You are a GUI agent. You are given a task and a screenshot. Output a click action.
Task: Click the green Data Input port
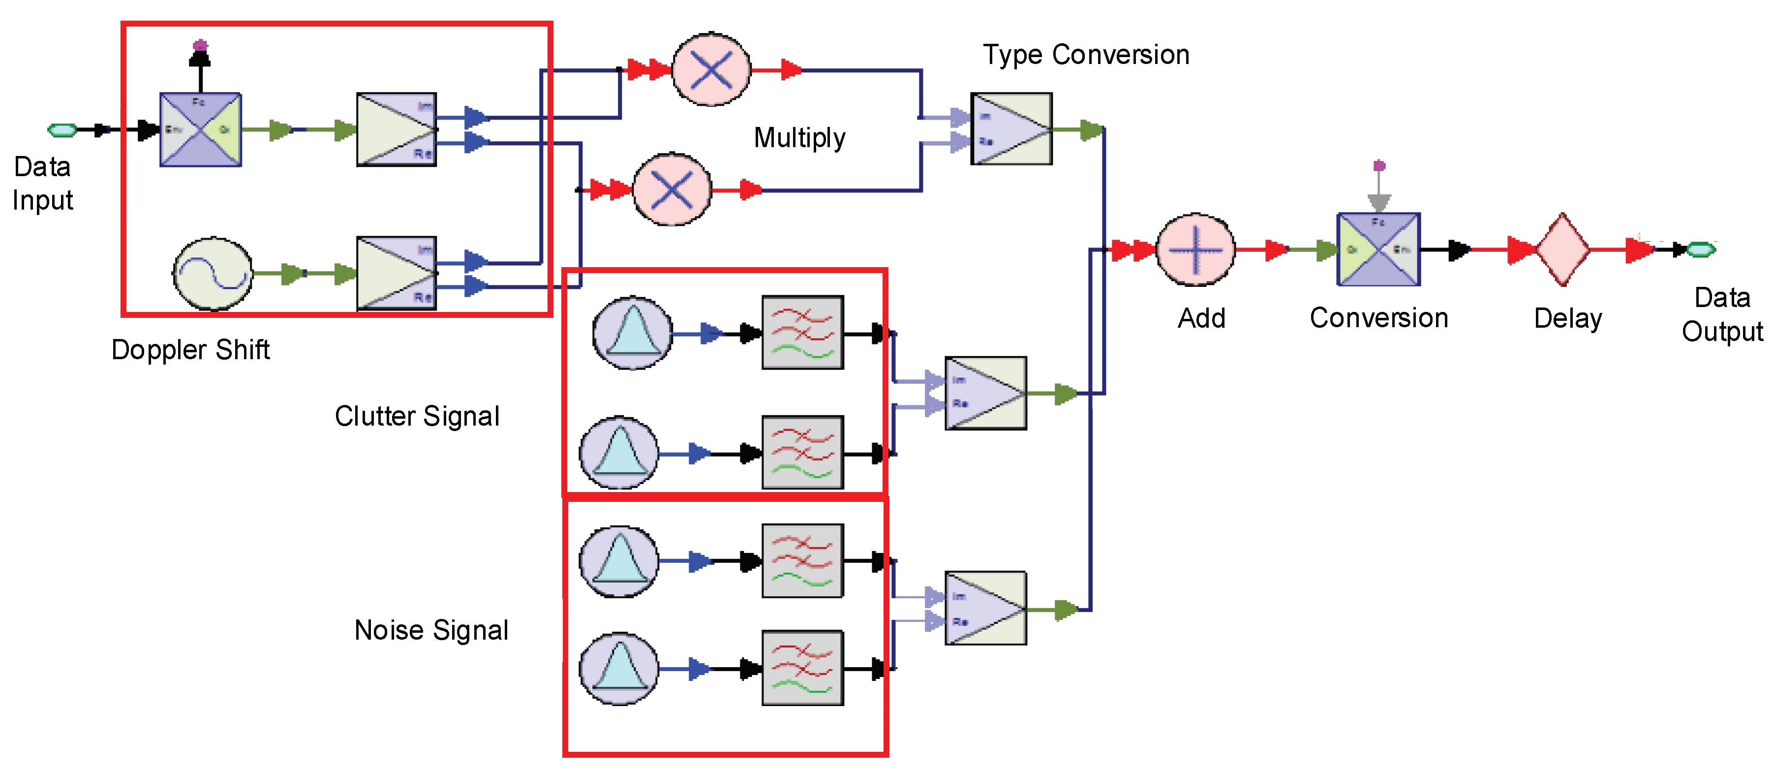tap(62, 129)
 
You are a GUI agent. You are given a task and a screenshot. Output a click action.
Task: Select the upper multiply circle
tap(711, 69)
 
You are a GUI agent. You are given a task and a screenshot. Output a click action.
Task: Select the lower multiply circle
tap(672, 189)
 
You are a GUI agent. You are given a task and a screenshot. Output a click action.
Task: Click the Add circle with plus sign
tap(1195, 250)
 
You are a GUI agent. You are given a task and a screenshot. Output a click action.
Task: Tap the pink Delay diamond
tap(1562, 249)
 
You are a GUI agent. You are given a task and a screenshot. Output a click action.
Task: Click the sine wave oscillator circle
tap(212, 274)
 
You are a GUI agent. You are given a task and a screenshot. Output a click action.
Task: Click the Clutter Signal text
tap(417, 416)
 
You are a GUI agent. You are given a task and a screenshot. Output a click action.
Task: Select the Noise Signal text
tap(431, 630)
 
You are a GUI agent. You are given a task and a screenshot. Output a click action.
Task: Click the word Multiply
tap(799, 138)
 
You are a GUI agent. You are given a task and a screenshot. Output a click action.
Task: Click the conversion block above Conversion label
tap(1378, 249)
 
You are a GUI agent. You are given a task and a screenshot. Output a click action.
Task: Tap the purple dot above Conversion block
tap(1378, 165)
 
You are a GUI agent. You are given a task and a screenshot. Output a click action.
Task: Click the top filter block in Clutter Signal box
tap(802, 333)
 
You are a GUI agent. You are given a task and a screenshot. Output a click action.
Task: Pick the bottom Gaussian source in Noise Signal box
tap(619, 668)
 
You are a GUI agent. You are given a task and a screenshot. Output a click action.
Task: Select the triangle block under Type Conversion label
tap(1011, 129)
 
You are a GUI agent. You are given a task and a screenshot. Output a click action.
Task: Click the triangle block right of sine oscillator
tap(396, 274)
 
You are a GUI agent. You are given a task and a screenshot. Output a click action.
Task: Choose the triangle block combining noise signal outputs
tap(985, 608)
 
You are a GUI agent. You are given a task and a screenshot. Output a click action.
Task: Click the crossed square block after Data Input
tap(200, 129)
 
